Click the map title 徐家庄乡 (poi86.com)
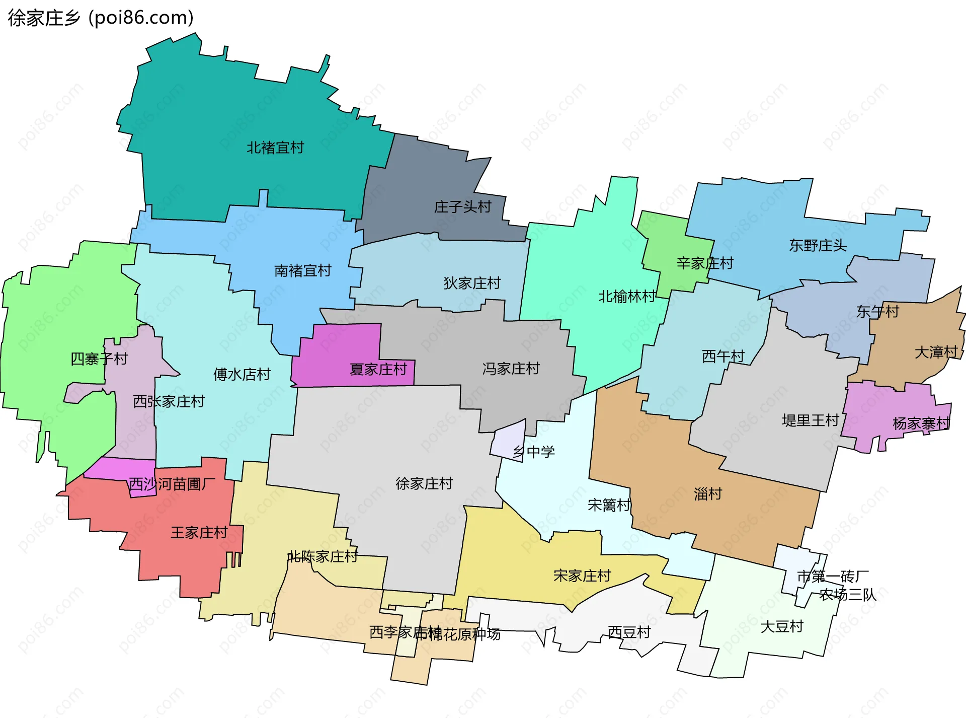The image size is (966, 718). pos(101,18)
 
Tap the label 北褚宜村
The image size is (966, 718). pos(275,148)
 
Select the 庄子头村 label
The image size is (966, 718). pos(462,206)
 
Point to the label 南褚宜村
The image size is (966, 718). pos(303,271)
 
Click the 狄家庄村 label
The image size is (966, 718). pos(472,283)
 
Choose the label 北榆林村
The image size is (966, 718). pos(627,297)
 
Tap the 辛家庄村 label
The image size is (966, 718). pos(705,263)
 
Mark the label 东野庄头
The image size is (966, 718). pos(818,245)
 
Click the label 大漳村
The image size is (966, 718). pos(936,352)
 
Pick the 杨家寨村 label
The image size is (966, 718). pos(921,423)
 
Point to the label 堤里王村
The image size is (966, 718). pos(811,420)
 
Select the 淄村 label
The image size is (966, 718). pos(708,494)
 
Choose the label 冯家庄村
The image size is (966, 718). pos(511,369)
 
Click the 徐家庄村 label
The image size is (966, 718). pos(424,483)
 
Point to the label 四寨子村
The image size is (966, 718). pos(99,359)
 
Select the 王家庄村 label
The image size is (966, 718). pos(199,532)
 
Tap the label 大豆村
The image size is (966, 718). pos(782,626)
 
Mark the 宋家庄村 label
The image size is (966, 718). pos(582,576)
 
